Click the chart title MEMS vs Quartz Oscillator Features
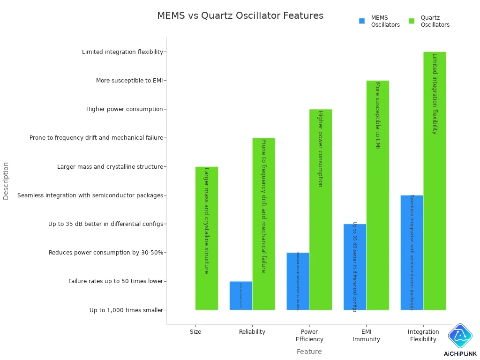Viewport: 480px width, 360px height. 240,15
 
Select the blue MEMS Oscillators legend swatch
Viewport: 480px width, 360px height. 362,21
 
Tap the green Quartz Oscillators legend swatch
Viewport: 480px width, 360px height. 412,21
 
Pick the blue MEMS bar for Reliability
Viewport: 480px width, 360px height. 241,295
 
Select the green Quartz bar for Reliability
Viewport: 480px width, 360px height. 263,224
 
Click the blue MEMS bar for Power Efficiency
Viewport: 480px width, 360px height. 298,281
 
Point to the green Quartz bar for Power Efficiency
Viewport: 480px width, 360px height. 321,210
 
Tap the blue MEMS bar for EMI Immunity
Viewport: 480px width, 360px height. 355,267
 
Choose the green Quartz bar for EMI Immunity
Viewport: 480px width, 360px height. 378,195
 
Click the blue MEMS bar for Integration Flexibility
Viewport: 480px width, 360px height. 412,252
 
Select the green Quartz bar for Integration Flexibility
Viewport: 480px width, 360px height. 435,180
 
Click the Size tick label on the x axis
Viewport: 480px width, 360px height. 195,332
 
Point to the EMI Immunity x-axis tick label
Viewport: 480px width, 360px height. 366,336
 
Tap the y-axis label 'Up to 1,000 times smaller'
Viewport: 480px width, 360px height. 126,310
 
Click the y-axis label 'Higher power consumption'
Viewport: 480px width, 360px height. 124,109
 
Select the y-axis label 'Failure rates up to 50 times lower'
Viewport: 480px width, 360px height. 115,281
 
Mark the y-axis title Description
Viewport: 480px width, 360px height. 6,181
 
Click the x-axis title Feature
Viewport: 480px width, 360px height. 309,352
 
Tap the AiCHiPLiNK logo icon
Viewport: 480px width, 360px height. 460,335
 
